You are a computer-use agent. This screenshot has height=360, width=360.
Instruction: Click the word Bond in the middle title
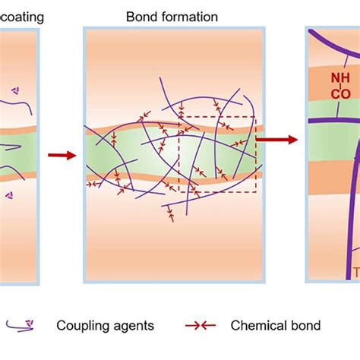click(142, 16)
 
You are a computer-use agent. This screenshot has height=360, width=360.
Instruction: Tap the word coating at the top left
click(20, 16)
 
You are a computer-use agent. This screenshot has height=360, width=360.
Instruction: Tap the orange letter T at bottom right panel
click(355, 272)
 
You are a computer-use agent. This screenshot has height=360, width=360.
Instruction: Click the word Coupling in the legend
click(81, 326)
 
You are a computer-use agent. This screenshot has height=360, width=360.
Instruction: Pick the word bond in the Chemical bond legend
click(303, 326)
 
